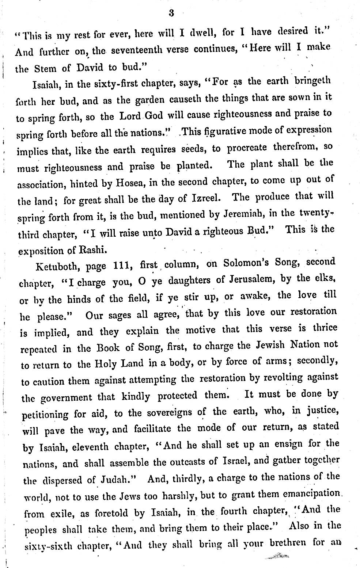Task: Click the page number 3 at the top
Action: pos(171,14)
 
